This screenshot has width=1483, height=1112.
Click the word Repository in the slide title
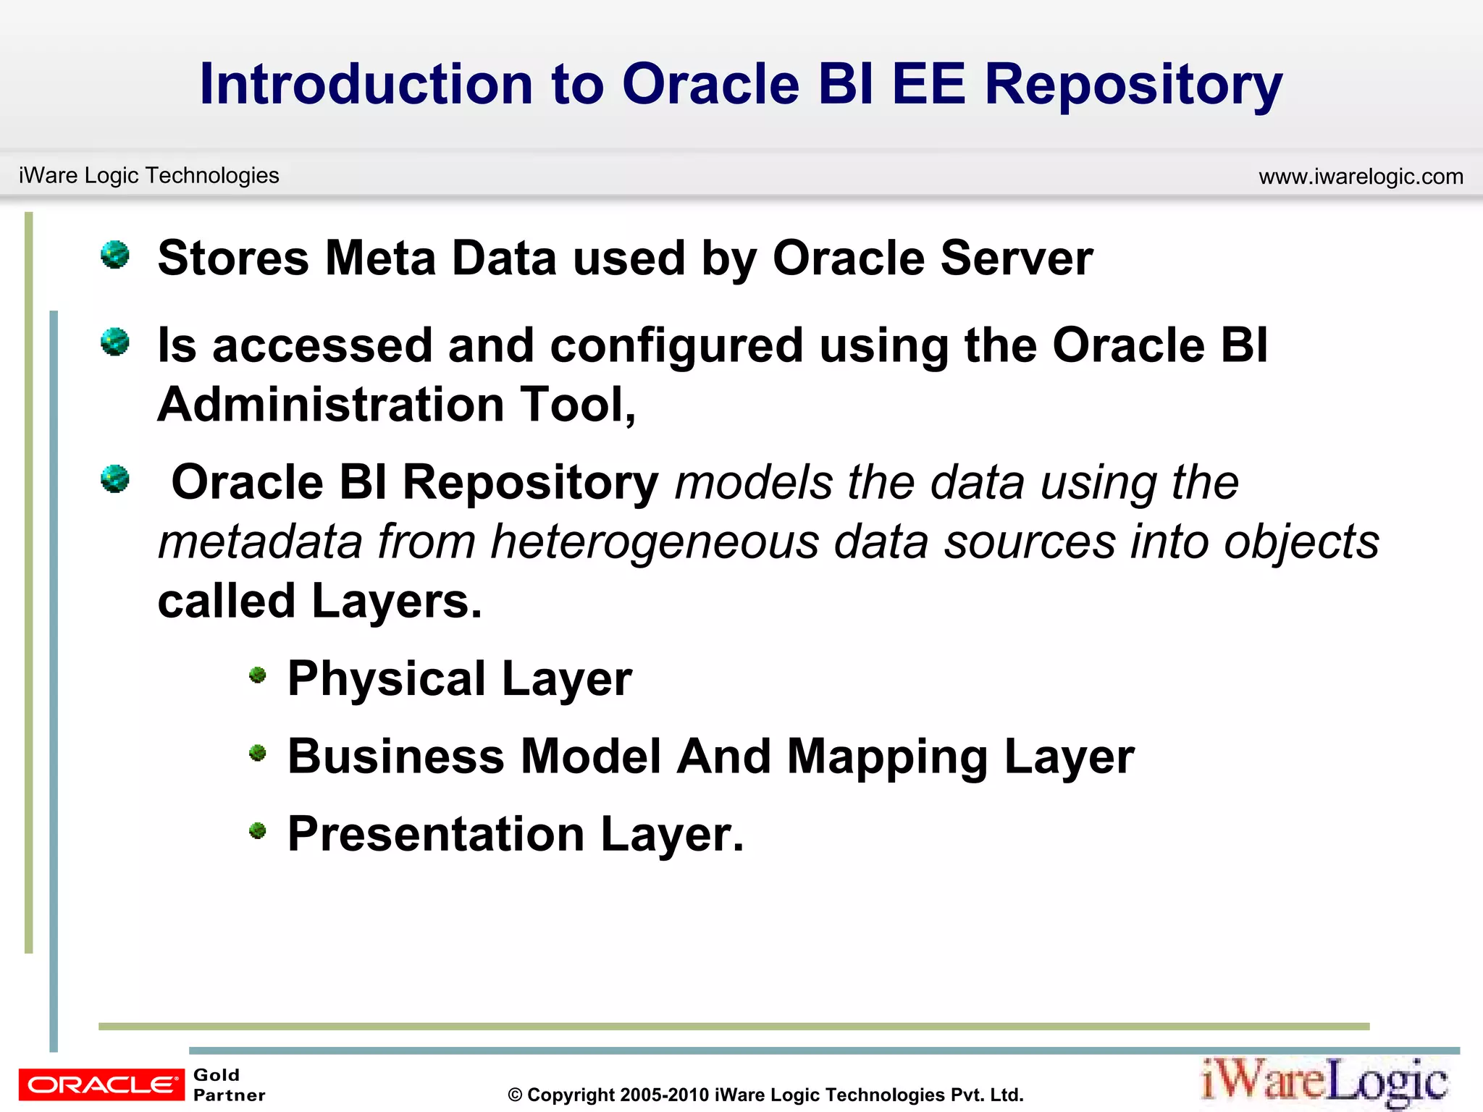[1133, 85]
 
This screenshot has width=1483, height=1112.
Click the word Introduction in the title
[366, 84]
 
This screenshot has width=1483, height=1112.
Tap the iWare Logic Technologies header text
[148, 175]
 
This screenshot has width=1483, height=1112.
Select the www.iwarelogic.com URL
[1361, 177]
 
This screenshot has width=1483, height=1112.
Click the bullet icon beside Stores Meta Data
[115, 254]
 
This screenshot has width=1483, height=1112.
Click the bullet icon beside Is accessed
[115, 342]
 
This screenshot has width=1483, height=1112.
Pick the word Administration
[330, 404]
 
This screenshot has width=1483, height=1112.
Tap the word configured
[676, 346]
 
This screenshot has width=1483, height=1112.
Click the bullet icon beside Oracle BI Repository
[115, 479]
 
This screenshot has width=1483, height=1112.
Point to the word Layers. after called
[397, 602]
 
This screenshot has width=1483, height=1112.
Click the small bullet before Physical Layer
[258, 675]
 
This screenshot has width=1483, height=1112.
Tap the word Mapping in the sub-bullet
[887, 757]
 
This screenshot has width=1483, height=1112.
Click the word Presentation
[435, 834]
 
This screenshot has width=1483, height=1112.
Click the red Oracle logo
[101, 1084]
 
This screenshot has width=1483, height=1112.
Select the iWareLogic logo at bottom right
[1324, 1082]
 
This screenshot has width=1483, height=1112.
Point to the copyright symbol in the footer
[515, 1095]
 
